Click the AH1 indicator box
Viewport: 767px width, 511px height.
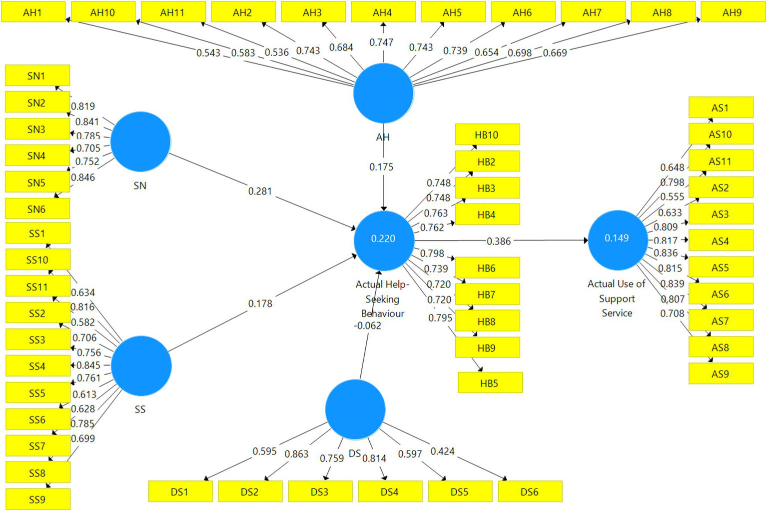tap(33, 12)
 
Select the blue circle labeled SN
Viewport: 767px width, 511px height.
tap(140, 141)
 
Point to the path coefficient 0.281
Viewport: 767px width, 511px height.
tap(260, 191)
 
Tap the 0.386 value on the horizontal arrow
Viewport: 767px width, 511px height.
tap(499, 241)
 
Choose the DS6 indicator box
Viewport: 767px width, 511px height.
tap(530, 491)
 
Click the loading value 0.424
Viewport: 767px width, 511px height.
tap(442, 451)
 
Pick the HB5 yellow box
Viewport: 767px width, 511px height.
tap(490, 383)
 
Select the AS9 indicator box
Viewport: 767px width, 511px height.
tap(720, 374)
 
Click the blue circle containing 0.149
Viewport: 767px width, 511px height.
tap(617, 239)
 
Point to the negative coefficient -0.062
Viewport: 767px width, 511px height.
tap(367, 325)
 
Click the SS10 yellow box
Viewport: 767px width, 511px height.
tap(37, 260)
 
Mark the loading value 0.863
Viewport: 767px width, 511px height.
tap(296, 454)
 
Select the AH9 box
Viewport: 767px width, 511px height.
tap(732, 12)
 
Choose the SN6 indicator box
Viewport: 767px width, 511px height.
tap(36, 209)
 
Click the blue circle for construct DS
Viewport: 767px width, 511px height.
tap(355, 409)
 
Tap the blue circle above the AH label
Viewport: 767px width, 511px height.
tap(383, 93)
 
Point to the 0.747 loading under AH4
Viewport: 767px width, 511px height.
tap(381, 42)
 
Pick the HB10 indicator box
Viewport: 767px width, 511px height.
tap(487, 135)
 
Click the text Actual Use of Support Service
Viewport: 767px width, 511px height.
tap(617, 298)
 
